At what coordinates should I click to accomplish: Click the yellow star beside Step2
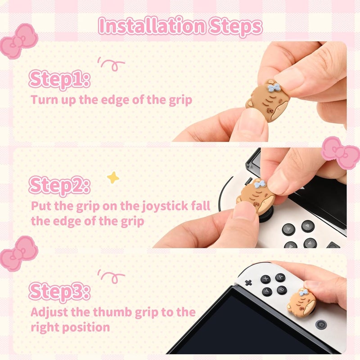click(x=113, y=177)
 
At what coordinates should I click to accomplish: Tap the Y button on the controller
click(x=266, y=292)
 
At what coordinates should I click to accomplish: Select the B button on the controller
click(x=281, y=290)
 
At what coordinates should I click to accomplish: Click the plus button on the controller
click(x=248, y=283)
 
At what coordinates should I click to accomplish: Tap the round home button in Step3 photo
click(x=321, y=324)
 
